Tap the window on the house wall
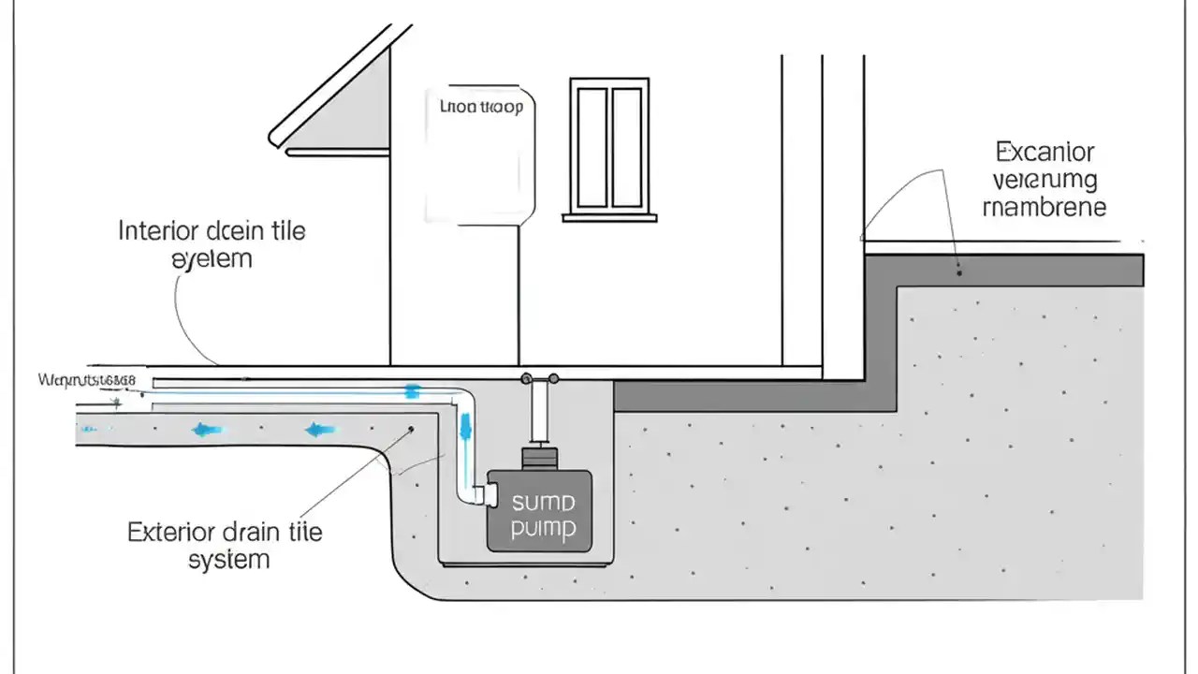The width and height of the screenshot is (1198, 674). pyautogui.click(x=609, y=148)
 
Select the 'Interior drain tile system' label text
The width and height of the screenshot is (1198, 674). pyautogui.click(x=212, y=243)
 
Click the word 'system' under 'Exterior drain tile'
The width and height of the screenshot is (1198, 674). pyautogui.click(x=228, y=560)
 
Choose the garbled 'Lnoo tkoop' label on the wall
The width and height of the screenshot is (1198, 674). pyautogui.click(x=481, y=107)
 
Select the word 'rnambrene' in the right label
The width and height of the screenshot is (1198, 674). pyautogui.click(x=1045, y=207)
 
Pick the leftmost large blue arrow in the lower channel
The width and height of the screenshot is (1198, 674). pyautogui.click(x=207, y=430)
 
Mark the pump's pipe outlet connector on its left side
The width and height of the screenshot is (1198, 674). pyautogui.click(x=485, y=494)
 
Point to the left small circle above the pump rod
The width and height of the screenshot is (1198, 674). pyautogui.click(x=527, y=379)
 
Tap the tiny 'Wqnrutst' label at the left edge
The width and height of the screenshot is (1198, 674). pyautogui.click(x=86, y=380)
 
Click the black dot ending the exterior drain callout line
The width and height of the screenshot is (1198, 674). pyautogui.click(x=410, y=430)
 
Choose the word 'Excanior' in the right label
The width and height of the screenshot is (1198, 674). pyautogui.click(x=1045, y=152)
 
